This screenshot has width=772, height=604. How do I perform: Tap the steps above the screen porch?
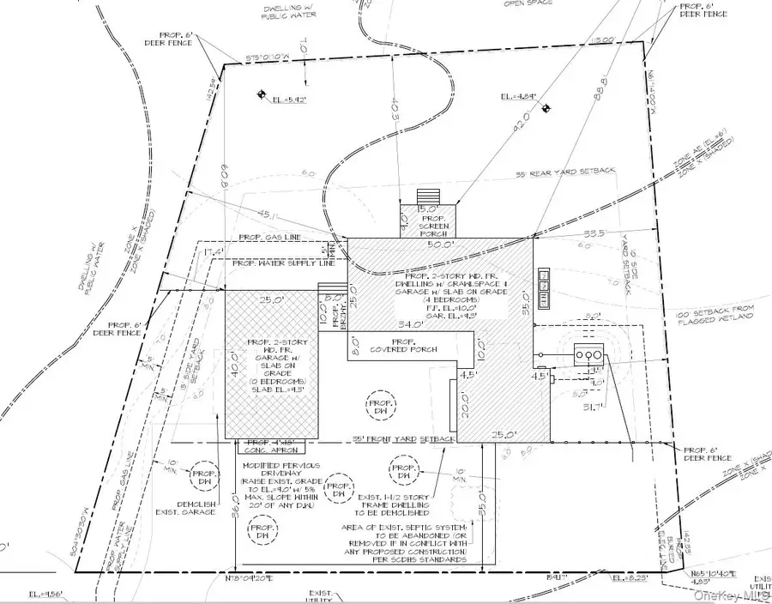click(x=427, y=194)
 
